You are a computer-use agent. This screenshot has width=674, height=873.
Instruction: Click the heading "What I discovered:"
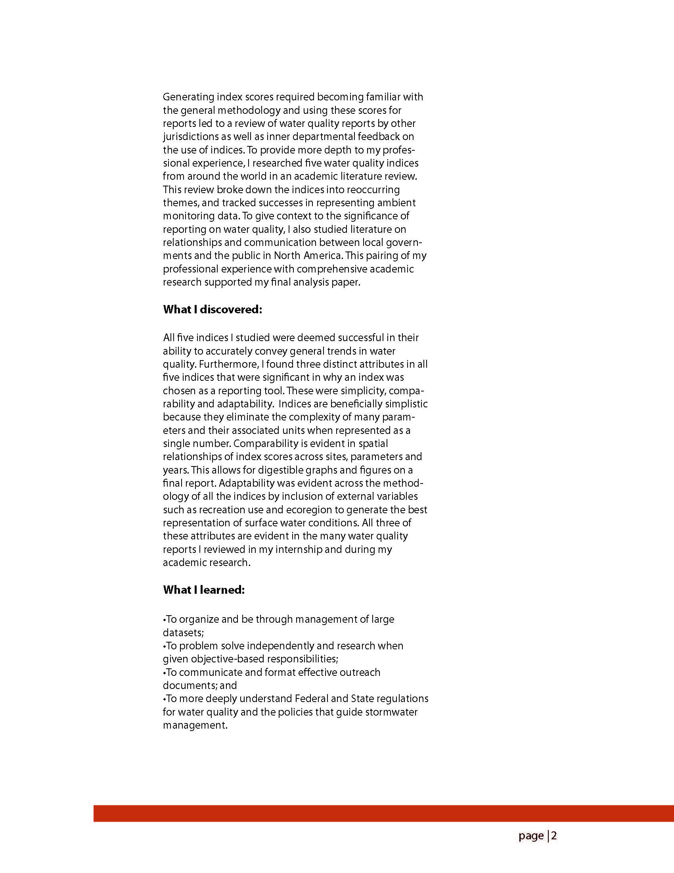(212, 310)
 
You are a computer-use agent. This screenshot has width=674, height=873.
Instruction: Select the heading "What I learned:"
(203, 590)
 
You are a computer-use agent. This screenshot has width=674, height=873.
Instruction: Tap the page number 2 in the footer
(554, 836)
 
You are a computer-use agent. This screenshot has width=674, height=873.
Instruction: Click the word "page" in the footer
(531, 836)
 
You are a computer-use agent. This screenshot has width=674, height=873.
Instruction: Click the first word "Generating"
(189, 97)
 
